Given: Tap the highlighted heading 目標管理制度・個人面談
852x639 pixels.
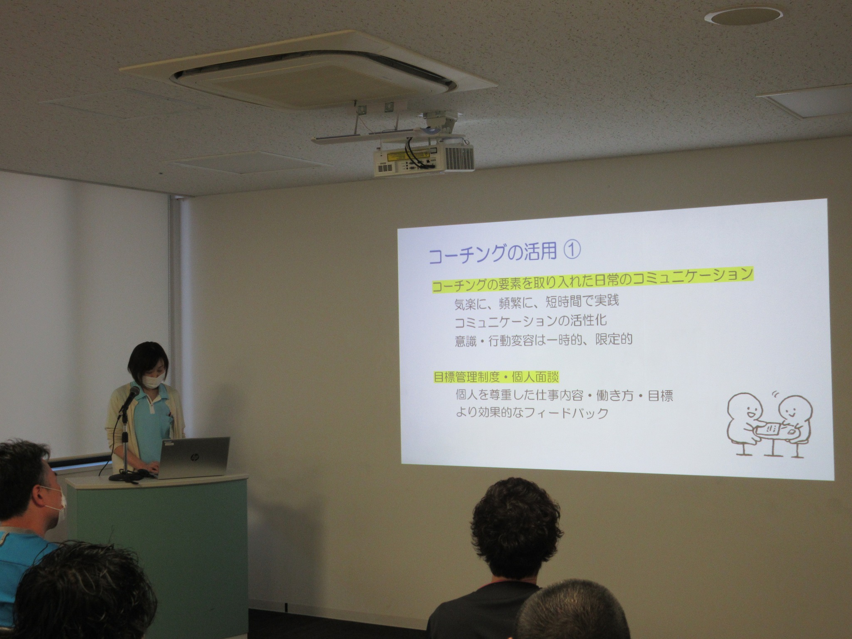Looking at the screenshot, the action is point(496,377).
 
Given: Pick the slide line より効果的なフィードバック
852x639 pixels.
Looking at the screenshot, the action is point(532,413).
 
